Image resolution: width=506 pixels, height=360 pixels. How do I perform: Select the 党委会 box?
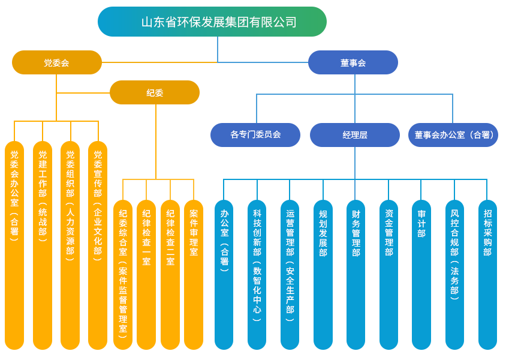coord(57,62)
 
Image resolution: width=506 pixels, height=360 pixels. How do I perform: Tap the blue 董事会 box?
coord(353,62)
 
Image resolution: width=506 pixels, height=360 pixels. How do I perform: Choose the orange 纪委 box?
coord(155,92)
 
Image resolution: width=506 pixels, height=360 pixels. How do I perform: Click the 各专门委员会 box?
coord(255,134)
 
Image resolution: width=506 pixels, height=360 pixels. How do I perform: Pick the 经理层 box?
coord(355,134)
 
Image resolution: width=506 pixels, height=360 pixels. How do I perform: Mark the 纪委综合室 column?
coord(122,274)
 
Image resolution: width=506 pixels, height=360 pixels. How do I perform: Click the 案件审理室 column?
coord(194,274)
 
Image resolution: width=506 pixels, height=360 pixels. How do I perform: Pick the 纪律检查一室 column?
coord(146,274)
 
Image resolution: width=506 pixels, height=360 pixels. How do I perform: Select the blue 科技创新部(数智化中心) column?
coord(257,274)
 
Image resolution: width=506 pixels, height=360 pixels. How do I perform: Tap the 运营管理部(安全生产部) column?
coord(290,274)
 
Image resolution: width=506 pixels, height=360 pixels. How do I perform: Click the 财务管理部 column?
coord(356,274)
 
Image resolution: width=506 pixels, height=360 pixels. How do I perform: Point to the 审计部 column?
coord(421,274)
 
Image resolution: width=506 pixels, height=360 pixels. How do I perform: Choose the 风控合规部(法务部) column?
coord(454,274)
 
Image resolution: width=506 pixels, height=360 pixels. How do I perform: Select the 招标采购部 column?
coord(487,274)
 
